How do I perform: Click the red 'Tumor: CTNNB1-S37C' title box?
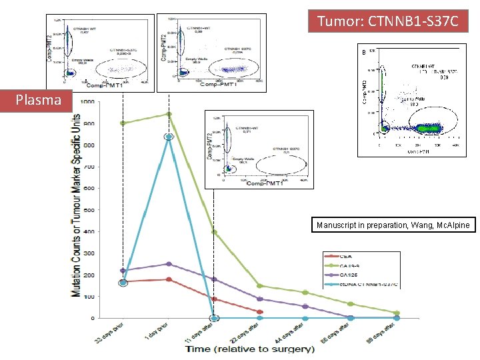tap(389, 21)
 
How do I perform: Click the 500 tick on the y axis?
tap(88, 210)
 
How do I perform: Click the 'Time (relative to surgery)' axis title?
tap(250, 349)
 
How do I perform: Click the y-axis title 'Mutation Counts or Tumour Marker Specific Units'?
tap(77, 209)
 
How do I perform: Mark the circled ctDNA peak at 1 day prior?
tap(169, 137)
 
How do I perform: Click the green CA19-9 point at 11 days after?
tap(214, 232)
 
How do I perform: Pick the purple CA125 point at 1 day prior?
tap(169, 264)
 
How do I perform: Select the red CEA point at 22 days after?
tap(260, 312)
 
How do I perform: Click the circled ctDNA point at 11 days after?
tap(215, 318)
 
